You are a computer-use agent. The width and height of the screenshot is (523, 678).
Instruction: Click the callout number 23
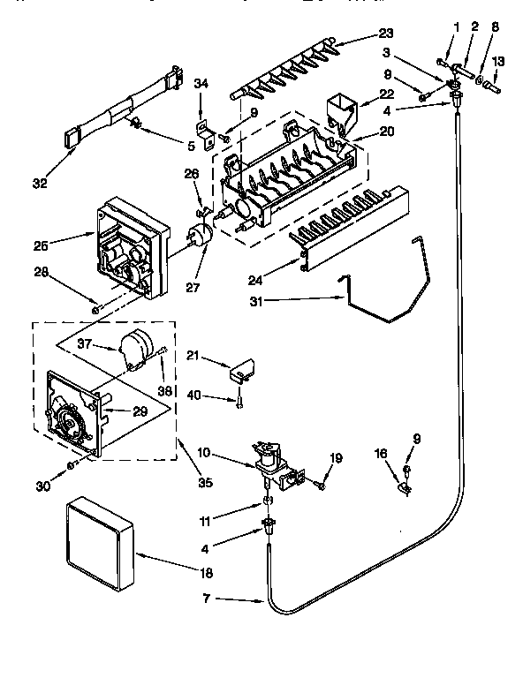click(385, 34)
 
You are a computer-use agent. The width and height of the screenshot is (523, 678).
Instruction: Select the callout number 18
click(205, 573)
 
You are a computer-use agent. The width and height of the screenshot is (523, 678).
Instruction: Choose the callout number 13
click(500, 62)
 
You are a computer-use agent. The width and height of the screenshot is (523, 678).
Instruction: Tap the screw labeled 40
click(239, 402)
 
